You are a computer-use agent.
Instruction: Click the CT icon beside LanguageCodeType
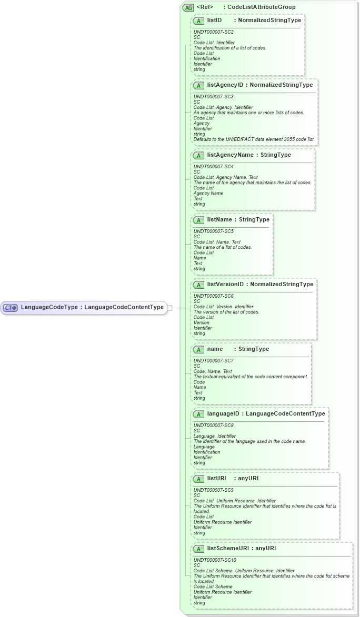[x=11, y=308]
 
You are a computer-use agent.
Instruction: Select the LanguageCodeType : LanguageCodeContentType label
[x=92, y=307]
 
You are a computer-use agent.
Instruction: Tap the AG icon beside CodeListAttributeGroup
[x=188, y=7]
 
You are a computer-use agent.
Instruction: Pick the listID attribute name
[x=214, y=20]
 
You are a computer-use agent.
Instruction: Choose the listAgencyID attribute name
[x=225, y=85]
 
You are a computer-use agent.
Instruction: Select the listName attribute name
[x=219, y=219]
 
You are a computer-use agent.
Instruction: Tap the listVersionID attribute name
[x=225, y=284]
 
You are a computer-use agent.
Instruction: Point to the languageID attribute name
[x=223, y=413]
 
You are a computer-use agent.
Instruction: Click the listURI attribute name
[x=216, y=478]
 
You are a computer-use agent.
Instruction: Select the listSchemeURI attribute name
[x=228, y=548]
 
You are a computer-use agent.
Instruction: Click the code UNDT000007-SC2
[x=213, y=32]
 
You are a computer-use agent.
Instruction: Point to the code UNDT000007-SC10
[x=215, y=560]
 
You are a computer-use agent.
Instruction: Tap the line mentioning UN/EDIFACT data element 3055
[x=254, y=139]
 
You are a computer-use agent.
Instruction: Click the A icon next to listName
[x=199, y=220]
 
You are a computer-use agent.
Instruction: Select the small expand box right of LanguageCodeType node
[x=169, y=308]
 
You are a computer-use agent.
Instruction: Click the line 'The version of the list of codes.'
[x=226, y=312]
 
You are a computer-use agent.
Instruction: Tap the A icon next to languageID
[x=199, y=414]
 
